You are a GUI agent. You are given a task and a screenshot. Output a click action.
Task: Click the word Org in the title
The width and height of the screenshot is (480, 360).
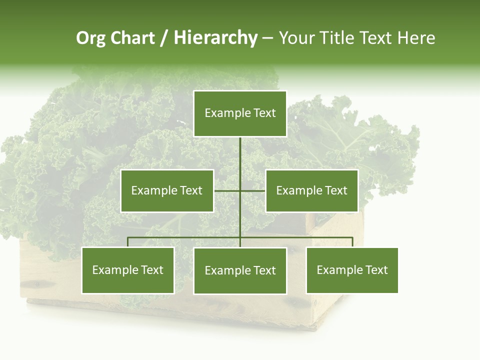pyautogui.click(x=90, y=38)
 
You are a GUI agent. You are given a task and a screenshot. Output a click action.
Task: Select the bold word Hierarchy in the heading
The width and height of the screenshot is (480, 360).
pyautogui.click(x=215, y=38)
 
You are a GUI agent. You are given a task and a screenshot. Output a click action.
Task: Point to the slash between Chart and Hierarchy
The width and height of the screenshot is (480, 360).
pyautogui.click(x=164, y=38)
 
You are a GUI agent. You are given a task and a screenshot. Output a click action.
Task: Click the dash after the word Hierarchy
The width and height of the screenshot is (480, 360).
pyautogui.click(x=267, y=38)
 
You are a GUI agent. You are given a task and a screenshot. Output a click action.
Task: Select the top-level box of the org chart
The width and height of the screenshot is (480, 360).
pyautogui.click(x=240, y=113)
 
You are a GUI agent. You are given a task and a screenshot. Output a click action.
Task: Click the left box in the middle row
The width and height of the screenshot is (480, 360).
pyautogui.click(x=167, y=190)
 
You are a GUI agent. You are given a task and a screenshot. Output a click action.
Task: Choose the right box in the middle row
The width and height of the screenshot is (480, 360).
pyautogui.click(x=311, y=190)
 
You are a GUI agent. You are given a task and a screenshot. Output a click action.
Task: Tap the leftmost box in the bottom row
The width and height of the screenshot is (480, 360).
pyautogui.click(x=128, y=270)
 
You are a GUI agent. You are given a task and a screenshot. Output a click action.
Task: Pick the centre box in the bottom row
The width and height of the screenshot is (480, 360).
pyautogui.click(x=240, y=270)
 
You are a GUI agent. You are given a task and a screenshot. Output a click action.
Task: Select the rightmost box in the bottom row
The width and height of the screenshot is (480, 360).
pyautogui.click(x=352, y=270)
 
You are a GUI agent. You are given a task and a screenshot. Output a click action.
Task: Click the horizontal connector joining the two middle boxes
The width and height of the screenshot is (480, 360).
pyautogui.click(x=227, y=190)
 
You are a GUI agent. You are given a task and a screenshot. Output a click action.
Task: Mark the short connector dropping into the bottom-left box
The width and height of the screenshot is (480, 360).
pyautogui.click(x=128, y=242)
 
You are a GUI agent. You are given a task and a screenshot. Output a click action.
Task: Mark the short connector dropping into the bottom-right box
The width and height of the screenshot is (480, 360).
pyautogui.click(x=352, y=242)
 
